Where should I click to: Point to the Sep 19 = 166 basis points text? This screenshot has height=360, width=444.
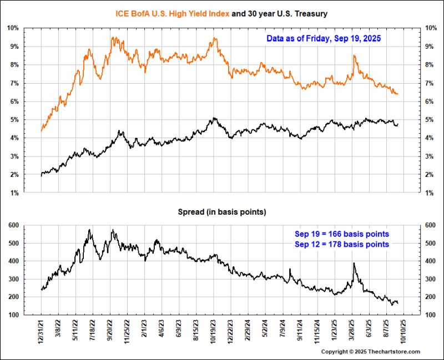point(341,234)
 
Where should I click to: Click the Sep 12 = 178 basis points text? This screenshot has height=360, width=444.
point(341,244)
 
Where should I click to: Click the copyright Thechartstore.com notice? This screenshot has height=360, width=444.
point(371,352)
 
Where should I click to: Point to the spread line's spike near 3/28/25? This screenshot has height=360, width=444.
point(354,265)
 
